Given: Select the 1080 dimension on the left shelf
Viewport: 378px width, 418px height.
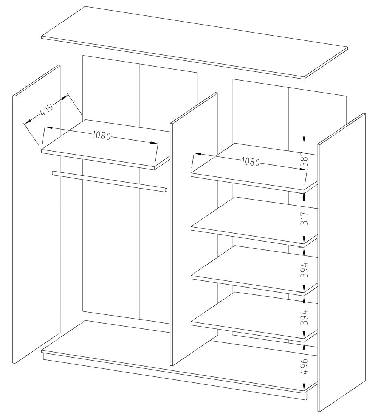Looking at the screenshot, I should coord(101,135).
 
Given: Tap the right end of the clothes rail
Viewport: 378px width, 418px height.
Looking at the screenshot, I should coord(165,190).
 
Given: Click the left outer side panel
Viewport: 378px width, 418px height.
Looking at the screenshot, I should coord(37,215).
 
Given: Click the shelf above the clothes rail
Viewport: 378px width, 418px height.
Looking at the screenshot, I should coord(106,146).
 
